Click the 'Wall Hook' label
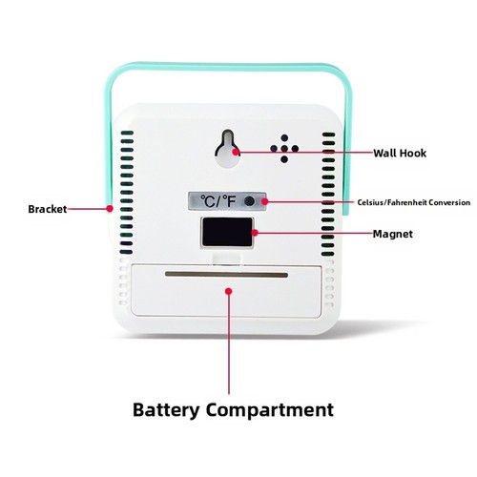(400, 153)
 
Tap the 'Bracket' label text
(48, 209)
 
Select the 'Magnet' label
(393, 234)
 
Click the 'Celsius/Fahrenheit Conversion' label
(413, 202)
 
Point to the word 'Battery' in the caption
(165, 409)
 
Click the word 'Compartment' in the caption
(270, 409)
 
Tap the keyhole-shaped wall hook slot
(227, 148)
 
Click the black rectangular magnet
(227, 232)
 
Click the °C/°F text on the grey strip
(218, 201)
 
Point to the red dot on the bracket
(110, 209)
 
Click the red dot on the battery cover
(229, 291)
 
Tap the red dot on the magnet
(255, 233)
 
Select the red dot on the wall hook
(236, 152)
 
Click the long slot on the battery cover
(226, 275)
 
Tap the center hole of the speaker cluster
(284, 149)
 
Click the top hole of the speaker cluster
(284, 138)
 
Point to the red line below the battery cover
(229, 344)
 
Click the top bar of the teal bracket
(228, 67)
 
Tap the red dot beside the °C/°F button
(265, 201)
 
